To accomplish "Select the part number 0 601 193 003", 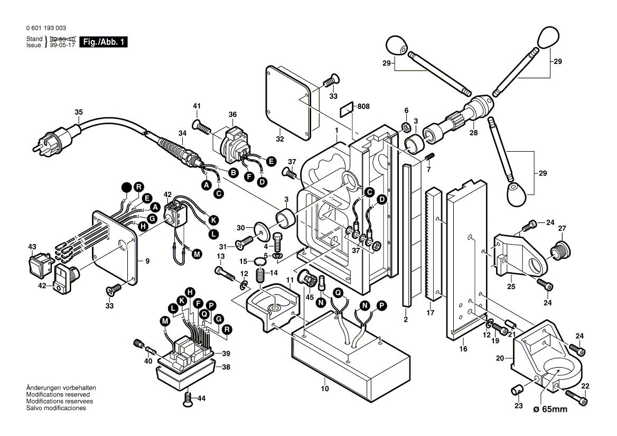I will click(46, 28).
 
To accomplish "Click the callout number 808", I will click(363, 106).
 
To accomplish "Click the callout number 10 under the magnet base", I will click(324, 389).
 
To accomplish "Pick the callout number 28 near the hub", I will click(473, 133).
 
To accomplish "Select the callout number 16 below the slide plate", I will click(463, 349).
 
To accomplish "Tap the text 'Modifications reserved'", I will click(58, 395).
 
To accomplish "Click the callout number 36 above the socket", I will click(233, 115).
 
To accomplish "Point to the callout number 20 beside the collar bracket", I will click(500, 358).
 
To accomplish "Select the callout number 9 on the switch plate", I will click(147, 261).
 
